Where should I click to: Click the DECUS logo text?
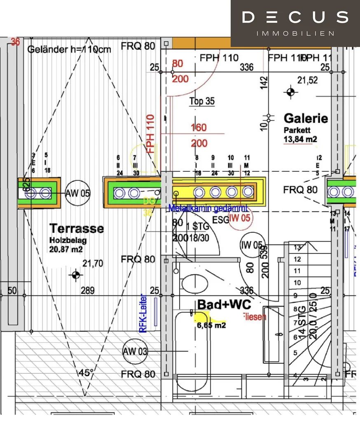295,17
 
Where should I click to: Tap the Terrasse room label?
77,228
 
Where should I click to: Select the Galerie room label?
306,118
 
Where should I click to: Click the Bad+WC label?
224,304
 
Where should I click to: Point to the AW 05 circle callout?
78,193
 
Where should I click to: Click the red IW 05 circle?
240,218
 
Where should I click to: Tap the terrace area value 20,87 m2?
66,249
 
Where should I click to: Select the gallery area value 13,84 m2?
300,139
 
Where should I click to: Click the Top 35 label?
202,101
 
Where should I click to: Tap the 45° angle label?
86,373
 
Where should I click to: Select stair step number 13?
297,247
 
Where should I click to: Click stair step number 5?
295,353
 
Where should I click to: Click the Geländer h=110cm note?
69,49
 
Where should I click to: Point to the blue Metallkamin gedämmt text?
208,208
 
